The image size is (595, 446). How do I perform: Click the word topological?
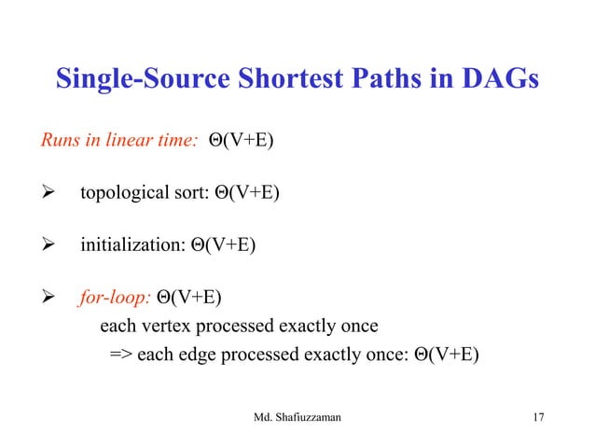click(123, 195)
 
